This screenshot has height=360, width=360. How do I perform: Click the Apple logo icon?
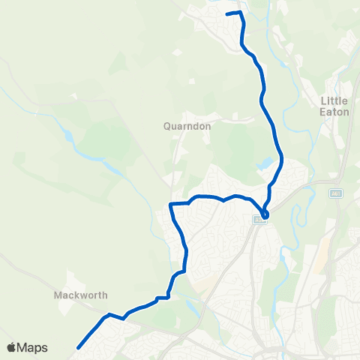(12, 347)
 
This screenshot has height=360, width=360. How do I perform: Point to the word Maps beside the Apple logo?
(33, 347)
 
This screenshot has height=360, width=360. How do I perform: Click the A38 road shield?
(259, 220)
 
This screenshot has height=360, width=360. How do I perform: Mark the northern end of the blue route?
(227, 13)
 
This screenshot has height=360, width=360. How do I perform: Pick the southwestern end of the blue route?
(78, 346)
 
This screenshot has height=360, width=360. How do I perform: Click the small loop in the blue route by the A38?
(265, 213)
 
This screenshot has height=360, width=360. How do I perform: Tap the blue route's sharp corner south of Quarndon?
(171, 204)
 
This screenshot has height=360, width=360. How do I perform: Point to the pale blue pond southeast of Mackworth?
(194, 307)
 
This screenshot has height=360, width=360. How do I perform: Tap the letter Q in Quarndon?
(167, 127)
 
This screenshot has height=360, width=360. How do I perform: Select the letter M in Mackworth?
(58, 295)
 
